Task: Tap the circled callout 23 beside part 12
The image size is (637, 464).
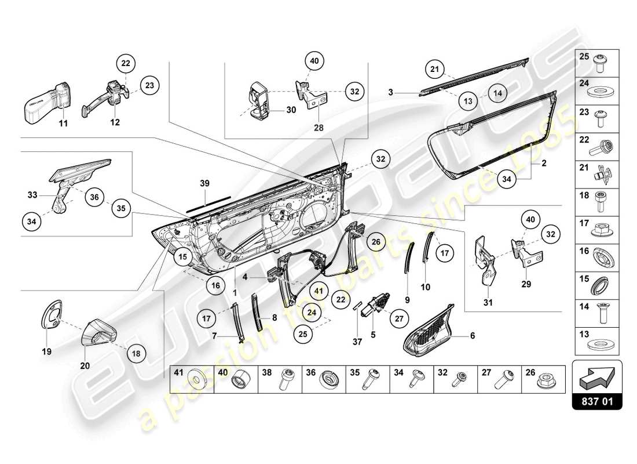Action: click(x=149, y=85)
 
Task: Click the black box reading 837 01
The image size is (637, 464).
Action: click(x=597, y=400)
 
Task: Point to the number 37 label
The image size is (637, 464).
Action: click(x=357, y=342)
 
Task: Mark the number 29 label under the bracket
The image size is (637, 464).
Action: click(x=526, y=285)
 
